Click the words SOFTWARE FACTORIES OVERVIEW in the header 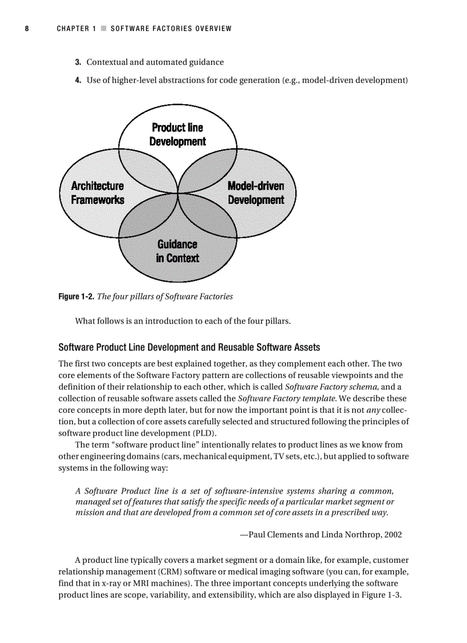[x=171, y=29]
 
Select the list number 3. [x=78, y=62]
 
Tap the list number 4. [x=78, y=80]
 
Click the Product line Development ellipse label [x=177, y=135]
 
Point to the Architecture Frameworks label [x=97, y=193]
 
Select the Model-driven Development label [x=256, y=193]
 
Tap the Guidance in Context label [x=177, y=251]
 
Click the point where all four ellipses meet [x=178, y=194]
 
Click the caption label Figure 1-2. [x=77, y=297]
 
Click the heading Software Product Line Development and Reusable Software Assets [x=189, y=348]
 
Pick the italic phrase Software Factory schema [x=327, y=386]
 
